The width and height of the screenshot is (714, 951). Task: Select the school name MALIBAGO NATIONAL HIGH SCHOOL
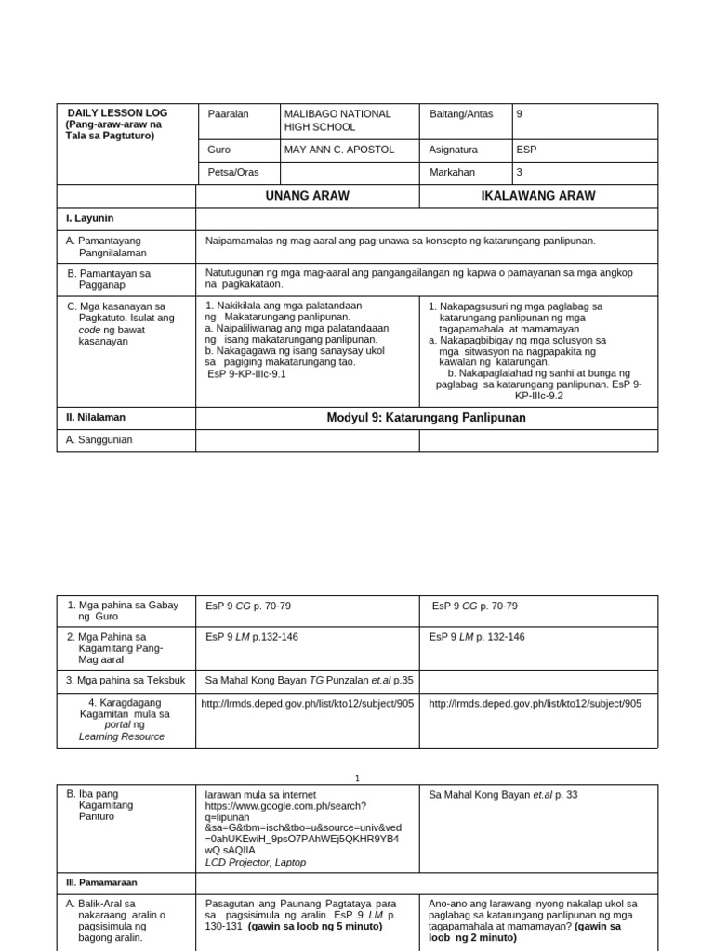point(337,120)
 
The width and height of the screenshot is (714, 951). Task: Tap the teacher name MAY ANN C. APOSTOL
point(339,150)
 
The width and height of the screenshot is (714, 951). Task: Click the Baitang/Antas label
point(456,113)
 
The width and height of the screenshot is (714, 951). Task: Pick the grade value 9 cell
point(520,113)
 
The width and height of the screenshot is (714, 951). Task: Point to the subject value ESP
point(526,150)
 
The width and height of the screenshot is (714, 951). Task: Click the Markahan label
point(453,173)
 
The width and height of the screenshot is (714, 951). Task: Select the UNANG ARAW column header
point(307,196)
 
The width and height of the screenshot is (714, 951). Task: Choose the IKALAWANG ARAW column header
point(538,196)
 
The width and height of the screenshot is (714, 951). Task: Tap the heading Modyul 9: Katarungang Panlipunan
point(426,418)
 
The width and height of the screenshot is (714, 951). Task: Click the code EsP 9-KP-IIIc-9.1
point(246,374)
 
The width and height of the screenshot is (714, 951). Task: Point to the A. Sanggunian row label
point(99,440)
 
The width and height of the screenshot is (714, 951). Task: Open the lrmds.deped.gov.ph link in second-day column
point(535,704)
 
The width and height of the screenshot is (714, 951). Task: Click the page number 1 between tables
point(357,778)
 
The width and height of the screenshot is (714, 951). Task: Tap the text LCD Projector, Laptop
point(256,862)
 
